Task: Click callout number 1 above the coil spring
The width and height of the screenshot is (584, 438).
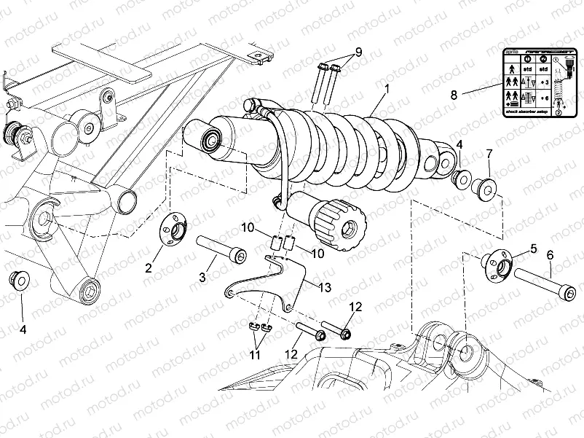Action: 387,88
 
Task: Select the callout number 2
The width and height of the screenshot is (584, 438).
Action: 149,267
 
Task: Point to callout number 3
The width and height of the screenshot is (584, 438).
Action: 203,276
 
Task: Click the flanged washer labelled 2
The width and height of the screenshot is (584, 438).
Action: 173,231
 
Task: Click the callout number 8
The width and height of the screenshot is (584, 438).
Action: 453,95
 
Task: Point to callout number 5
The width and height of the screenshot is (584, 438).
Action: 533,249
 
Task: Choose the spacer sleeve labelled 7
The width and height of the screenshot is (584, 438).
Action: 485,187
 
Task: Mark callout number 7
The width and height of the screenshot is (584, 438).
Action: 489,153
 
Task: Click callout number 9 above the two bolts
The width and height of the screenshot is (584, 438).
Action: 358,53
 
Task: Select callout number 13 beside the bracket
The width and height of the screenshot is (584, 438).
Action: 324,288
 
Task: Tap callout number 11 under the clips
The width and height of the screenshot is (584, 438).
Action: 254,354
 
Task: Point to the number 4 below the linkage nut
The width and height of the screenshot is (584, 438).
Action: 23,329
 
